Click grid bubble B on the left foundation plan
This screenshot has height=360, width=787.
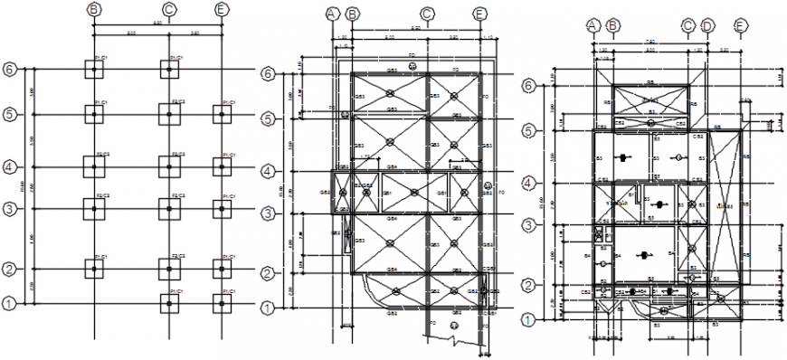(x=94, y=9)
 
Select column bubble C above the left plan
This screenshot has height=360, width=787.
(x=168, y=9)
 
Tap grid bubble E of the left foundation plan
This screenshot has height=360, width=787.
(x=222, y=9)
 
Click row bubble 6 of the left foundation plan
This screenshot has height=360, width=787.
(x=9, y=69)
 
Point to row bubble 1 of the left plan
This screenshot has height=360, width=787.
(x=9, y=304)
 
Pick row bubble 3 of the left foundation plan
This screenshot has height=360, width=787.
(x=9, y=209)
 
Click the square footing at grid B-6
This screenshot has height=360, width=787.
(x=94, y=69)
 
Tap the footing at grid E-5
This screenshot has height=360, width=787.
(x=222, y=114)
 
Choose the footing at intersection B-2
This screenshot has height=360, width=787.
(x=94, y=269)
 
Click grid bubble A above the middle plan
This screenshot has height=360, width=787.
(x=333, y=14)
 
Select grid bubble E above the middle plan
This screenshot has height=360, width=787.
(x=479, y=14)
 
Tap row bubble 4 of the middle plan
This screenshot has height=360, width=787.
(x=268, y=170)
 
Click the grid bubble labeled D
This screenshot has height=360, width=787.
(x=707, y=25)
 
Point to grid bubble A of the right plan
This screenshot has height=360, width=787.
(x=593, y=25)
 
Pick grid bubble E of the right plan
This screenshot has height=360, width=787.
(x=741, y=25)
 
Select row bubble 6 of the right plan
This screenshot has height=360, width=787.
(x=529, y=85)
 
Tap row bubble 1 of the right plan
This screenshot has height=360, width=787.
(x=529, y=318)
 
